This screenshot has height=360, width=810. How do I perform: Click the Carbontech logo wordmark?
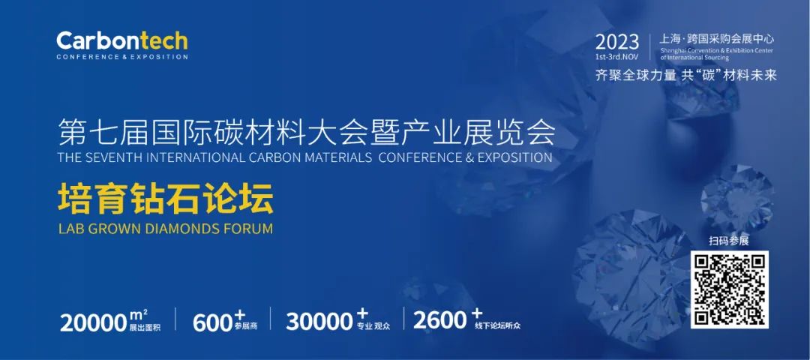pyautogui.click(x=122, y=40)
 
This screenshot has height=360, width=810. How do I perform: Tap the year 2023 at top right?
pyautogui.click(x=616, y=42)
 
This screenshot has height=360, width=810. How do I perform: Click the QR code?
pyautogui.click(x=730, y=289)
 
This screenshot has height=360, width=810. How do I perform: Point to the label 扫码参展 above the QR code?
pyautogui.click(x=729, y=241)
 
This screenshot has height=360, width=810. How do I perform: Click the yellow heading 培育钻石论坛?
pyautogui.click(x=165, y=202)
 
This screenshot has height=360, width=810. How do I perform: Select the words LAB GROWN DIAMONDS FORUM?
pyautogui.click(x=165, y=228)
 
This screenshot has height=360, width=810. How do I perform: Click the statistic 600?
pyautogui.click(x=213, y=322)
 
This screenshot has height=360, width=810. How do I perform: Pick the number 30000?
pyautogui.click(x=319, y=322)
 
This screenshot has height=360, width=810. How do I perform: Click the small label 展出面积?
pyautogui.click(x=145, y=328)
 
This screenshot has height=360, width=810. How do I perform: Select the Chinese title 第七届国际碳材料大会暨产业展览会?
pyautogui.click(x=306, y=131)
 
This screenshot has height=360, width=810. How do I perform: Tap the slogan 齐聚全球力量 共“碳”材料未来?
pyautogui.click(x=686, y=75)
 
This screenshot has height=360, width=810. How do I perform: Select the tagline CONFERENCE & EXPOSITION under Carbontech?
pyautogui.click(x=122, y=56)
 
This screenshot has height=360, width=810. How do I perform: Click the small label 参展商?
pyautogui.click(x=245, y=327)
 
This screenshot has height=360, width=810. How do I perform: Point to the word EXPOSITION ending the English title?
pyautogui.click(x=514, y=157)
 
